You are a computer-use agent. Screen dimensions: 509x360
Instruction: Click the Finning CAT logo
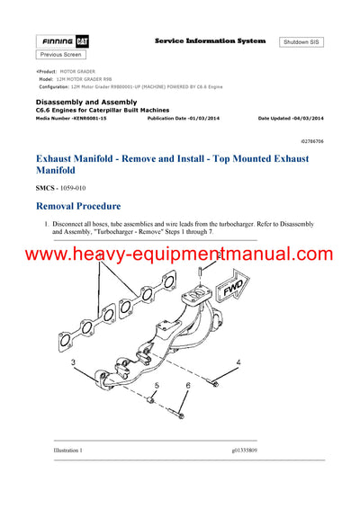pyautogui.click(x=62, y=42)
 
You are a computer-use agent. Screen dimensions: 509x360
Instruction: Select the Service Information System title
pyautogui.click(x=210, y=41)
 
